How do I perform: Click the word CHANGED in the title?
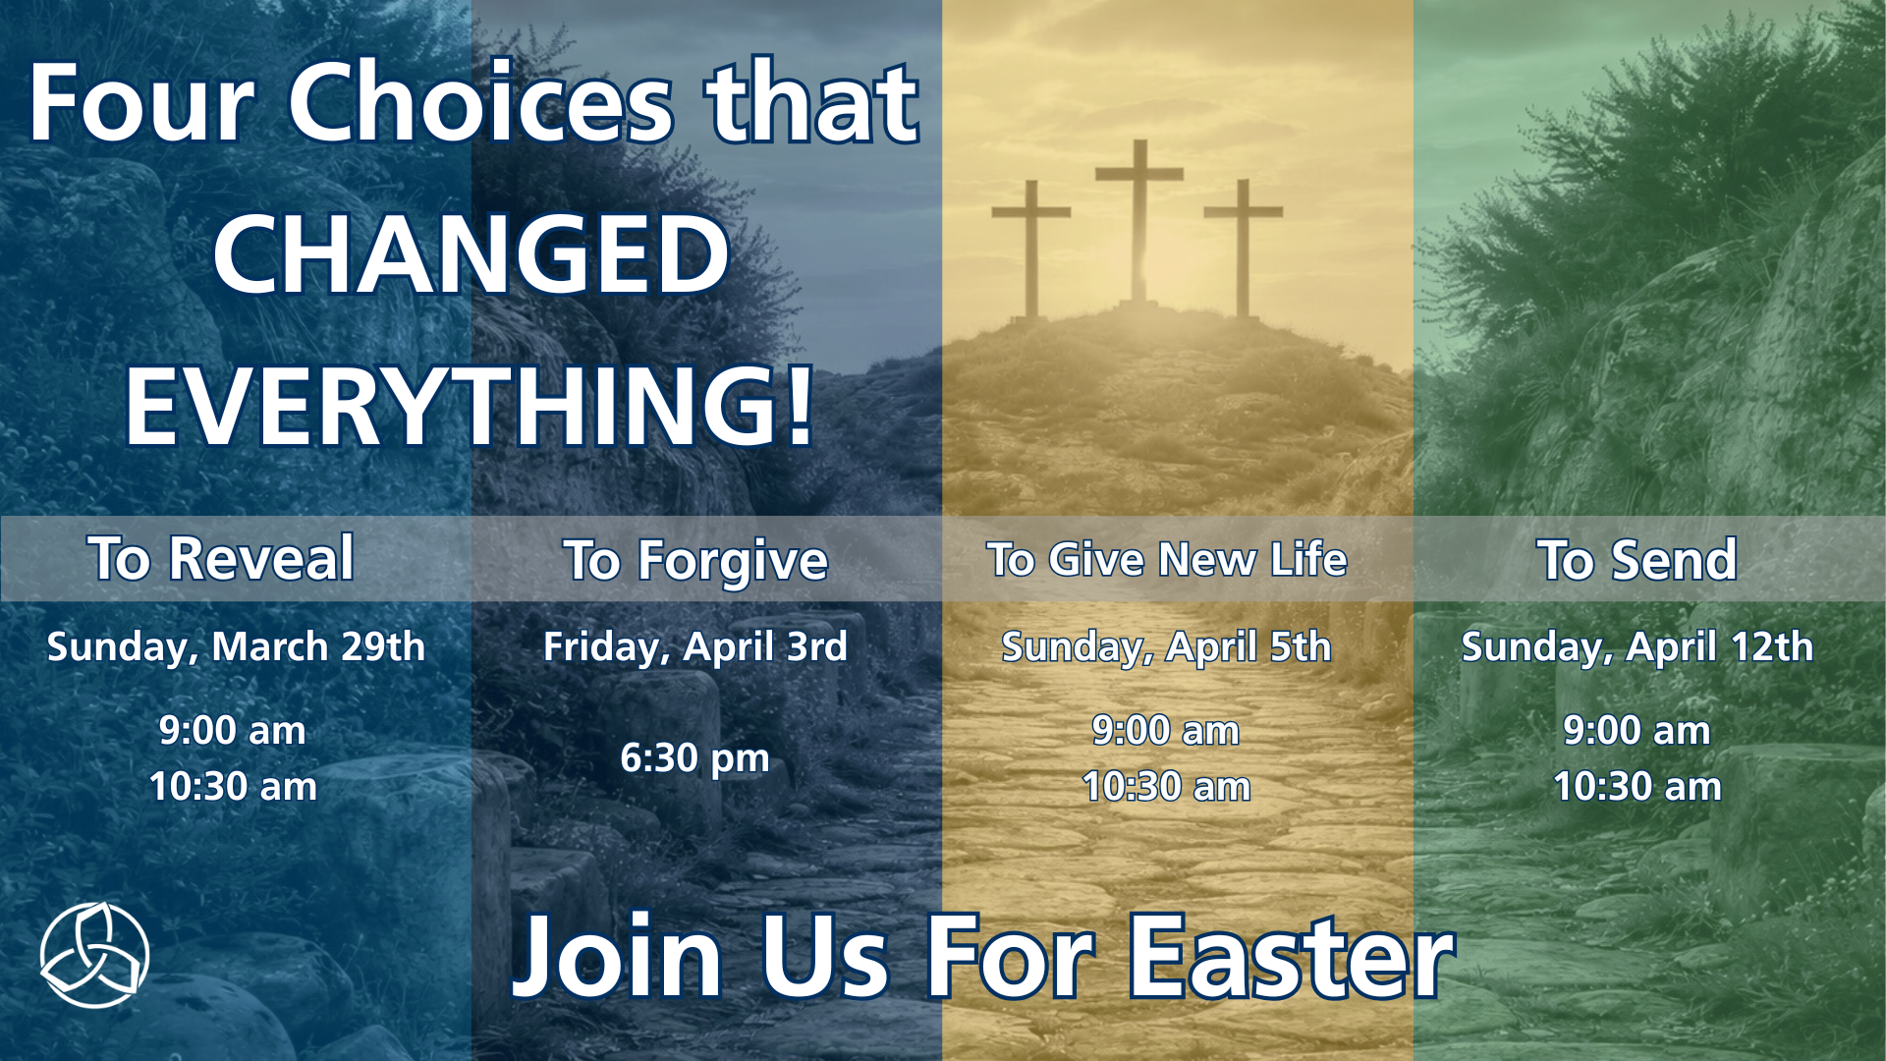pyautogui.click(x=471, y=254)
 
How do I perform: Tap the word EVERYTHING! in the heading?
pyautogui.click(x=470, y=406)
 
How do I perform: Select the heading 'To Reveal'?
pyautogui.click(x=221, y=558)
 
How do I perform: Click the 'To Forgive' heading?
pyautogui.click(x=695, y=562)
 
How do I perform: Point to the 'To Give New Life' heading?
pyautogui.click(x=1167, y=559)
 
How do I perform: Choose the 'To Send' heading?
pyautogui.click(x=1636, y=560)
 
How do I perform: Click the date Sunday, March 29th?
pyautogui.click(x=236, y=647)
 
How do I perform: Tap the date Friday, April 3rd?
pyautogui.click(x=695, y=647)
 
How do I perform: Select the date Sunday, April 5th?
pyautogui.click(x=1166, y=647)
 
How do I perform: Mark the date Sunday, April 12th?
pyautogui.click(x=1637, y=647)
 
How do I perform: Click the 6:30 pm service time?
pyautogui.click(x=695, y=758)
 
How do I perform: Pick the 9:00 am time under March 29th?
pyautogui.click(x=233, y=731)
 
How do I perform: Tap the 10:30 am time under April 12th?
pyautogui.click(x=1637, y=787)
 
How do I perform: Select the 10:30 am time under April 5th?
pyautogui.click(x=1167, y=787)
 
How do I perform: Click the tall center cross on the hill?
pyautogui.click(x=1139, y=221)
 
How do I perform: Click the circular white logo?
pyautogui.click(x=94, y=955)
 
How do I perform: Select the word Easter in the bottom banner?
pyautogui.click(x=1292, y=956)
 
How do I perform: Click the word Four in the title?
pyautogui.click(x=141, y=102)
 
